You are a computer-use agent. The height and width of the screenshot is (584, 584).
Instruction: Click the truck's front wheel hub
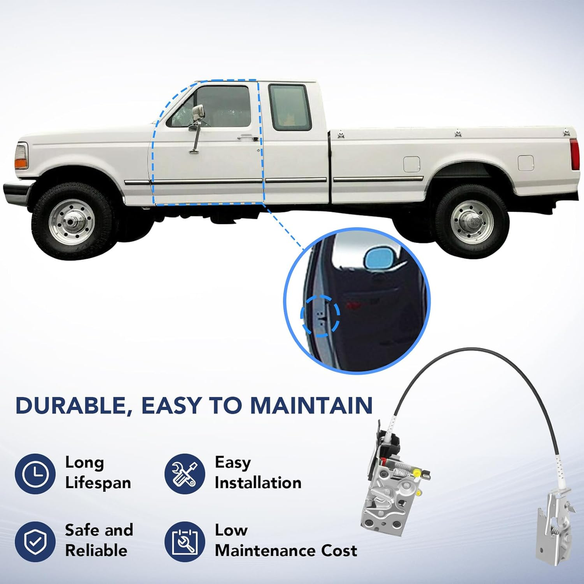coord(71,222)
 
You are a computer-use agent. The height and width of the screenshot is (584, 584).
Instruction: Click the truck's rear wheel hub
coord(472,222)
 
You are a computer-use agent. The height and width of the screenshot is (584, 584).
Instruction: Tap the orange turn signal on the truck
coord(21,163)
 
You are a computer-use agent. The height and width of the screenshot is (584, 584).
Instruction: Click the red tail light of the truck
coord(574,154)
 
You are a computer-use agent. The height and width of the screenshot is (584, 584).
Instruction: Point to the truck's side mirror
coord(198,113)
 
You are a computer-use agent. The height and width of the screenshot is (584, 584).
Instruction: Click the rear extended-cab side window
coord(290,107)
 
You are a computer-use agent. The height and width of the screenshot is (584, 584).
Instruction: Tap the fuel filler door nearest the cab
coord(412,164)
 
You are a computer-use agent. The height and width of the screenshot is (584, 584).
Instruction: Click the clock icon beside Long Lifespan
coord(35,474)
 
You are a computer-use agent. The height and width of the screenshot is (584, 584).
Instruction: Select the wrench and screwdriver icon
coord(185,474)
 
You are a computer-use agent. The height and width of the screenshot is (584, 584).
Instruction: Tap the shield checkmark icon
coord(35,541)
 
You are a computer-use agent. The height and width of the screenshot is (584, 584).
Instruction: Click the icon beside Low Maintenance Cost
coord(185,541)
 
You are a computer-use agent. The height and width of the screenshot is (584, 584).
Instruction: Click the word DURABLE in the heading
coord(71,406)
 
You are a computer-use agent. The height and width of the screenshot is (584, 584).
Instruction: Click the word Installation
coord(258,483)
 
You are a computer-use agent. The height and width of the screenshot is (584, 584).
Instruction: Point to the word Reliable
coord(96,551)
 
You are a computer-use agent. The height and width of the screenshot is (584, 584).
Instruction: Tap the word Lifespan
coord(98,484)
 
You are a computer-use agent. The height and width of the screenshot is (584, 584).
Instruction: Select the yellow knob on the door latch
coord(416,474)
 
